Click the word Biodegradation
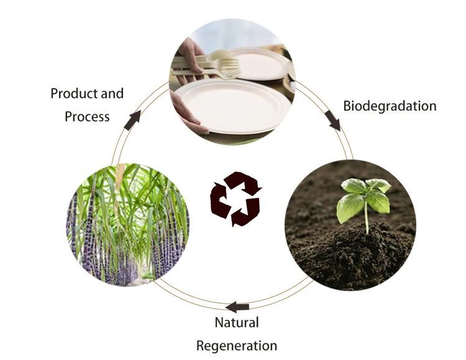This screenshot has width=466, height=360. pos(390,106)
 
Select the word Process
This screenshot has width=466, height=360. pos(87,116)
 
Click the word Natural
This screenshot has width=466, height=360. pos(237,323)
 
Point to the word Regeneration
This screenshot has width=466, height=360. pos(237,346)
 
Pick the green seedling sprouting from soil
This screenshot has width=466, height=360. pos(365,197)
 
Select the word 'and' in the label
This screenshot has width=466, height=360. pos(112,94)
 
